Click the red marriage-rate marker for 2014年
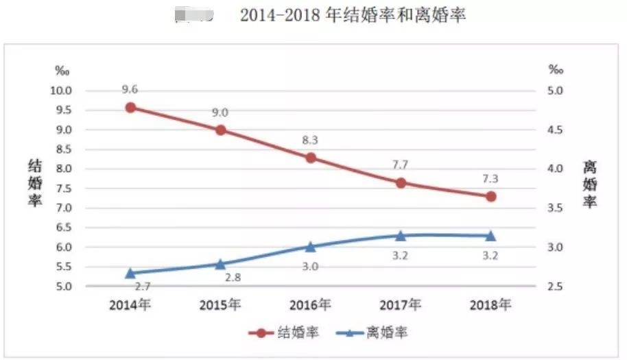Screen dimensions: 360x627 pos(130,107)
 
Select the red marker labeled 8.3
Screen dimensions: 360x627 pos(310,158)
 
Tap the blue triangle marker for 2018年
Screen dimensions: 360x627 pos(490,236)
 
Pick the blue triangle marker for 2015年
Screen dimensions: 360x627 pos(220,264)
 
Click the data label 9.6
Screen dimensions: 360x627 pos(130,89)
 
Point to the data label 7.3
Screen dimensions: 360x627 pos(490,179)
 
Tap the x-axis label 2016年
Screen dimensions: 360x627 pos(310,304)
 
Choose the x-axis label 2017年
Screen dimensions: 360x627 pos(401,304)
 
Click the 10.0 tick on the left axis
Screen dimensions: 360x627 pos(64,91)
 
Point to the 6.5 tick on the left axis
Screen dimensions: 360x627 pos(64,228)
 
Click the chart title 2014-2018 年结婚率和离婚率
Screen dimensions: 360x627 pos(353,15)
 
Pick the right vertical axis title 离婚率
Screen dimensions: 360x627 pos(589,183)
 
